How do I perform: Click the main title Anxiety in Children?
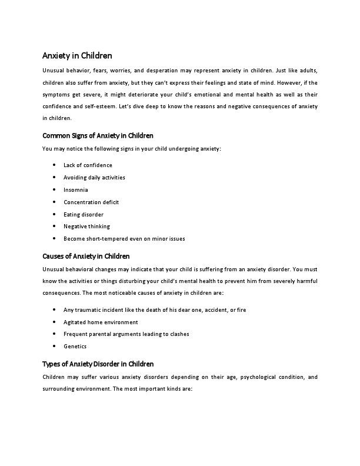[77, 56]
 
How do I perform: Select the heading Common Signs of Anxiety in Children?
[98, 135]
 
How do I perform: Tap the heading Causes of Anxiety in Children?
[86, 256]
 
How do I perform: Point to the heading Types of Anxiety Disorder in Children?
[98, 364]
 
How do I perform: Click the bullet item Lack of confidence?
[88, 165]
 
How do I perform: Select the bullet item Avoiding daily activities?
[94, 178]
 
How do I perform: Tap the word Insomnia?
[76, 190]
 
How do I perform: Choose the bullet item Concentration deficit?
[91, 202]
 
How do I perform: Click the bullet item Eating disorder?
[84, 215]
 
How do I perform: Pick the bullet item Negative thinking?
[86, 227]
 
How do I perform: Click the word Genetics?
[75, 347]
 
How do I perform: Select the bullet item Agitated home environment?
[101, 322]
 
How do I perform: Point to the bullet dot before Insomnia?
[54, 190]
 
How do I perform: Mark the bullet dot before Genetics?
[54, 347]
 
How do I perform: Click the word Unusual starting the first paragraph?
[53, 70]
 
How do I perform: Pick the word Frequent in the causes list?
[75, 334]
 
